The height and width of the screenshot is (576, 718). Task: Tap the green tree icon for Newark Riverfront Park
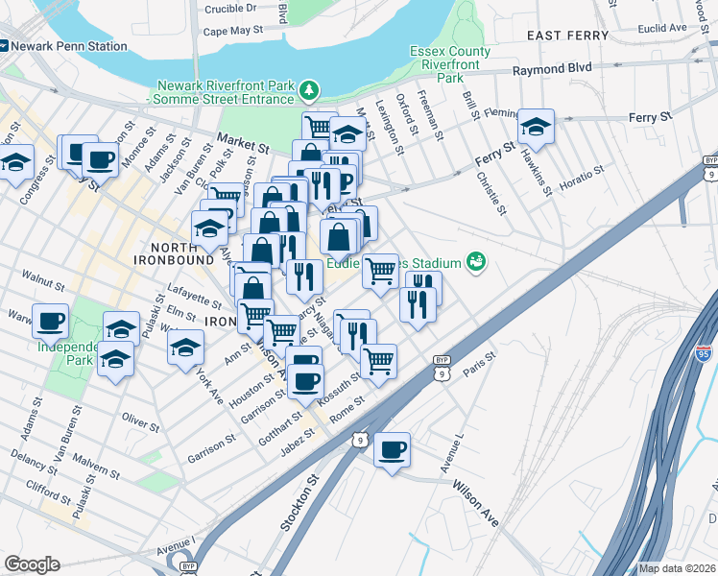308,92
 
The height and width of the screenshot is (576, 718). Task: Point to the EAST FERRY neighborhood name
568,36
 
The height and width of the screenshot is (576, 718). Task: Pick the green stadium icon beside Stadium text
474,261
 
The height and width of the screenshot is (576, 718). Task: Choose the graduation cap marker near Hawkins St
536,126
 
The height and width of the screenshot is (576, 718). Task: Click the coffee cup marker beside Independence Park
50,321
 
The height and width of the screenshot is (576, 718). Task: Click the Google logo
32,564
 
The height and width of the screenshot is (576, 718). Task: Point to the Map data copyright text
677,568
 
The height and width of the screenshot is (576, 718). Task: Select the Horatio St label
583,178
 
